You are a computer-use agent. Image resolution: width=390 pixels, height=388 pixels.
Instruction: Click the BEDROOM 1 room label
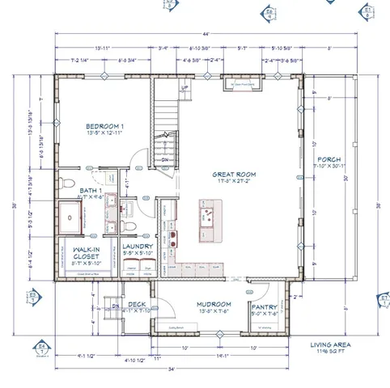point(104,128)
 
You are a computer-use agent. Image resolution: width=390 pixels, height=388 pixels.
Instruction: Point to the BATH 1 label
point(68,191)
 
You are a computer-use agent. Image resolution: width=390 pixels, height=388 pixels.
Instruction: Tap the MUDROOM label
point(214,306)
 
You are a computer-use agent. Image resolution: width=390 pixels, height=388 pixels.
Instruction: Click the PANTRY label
point(265,307)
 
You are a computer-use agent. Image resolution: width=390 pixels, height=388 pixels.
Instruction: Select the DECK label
point(137,305)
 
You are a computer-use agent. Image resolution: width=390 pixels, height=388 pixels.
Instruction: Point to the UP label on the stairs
point(184,87)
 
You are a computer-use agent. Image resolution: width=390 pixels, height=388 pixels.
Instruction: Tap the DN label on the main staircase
point(164,160)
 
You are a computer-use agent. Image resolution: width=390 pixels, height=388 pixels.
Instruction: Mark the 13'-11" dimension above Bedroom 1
point(103,47)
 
